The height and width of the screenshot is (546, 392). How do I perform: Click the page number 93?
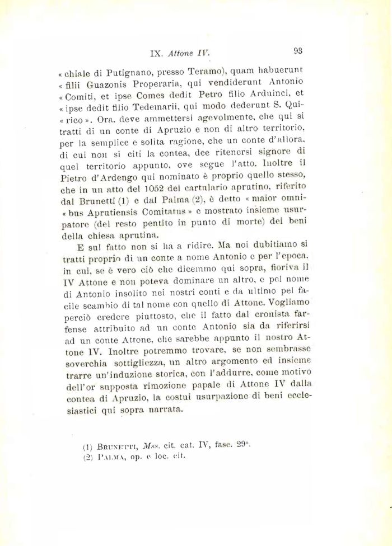pos(297,51)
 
